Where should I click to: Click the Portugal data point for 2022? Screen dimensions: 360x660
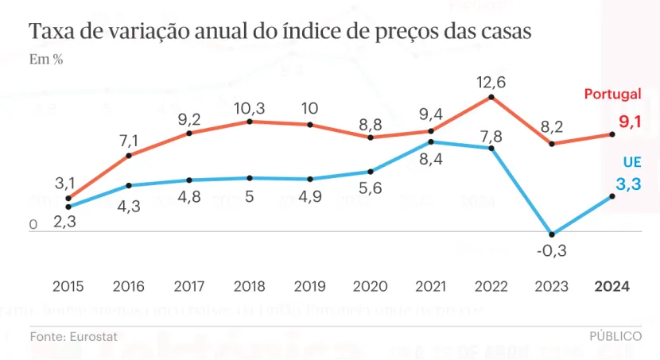491,97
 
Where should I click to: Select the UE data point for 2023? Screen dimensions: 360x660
552,234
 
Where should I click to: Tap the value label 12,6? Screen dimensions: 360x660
491,81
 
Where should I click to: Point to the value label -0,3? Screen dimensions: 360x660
551,251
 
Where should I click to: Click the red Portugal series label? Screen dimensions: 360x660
612,95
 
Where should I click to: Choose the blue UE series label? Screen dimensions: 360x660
631,162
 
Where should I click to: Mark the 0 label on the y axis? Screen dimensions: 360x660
33,225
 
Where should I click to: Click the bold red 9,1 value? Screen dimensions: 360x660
630,122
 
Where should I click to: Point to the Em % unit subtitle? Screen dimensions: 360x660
46,60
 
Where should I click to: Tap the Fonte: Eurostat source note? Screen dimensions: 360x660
74,337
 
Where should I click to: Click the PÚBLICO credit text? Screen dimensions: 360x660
615,337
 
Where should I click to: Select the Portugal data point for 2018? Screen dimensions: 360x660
250,122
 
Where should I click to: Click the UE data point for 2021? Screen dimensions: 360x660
430,141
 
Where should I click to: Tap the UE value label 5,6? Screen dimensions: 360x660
371,188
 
